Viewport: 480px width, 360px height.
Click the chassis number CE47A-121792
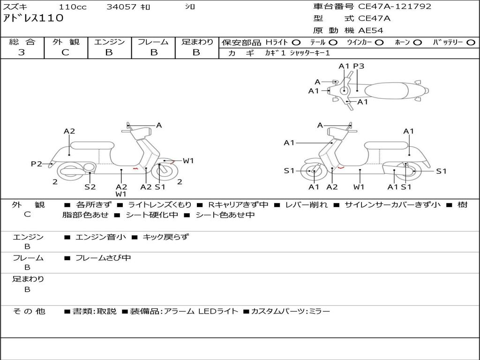click(x=395, y=7)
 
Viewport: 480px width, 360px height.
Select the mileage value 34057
click(x=121, y=7)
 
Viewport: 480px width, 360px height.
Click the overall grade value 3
click(x=22, y=52)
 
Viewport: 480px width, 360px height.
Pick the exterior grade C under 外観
click(x=65, y=52)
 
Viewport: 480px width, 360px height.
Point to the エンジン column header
click(x=109, y=42)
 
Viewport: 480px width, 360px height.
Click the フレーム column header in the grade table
click(x=153, y=42)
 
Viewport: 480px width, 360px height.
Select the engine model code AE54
click(x=371, y=30)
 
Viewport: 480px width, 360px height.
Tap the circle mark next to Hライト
click(x=297, y=42)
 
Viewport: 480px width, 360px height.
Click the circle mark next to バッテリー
click(x=471, y=42)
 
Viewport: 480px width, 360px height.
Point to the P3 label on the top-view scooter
click(x=359, y=66)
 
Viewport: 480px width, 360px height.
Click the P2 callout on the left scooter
click(x=37, y=164)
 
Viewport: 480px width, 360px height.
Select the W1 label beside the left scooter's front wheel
click(x=188, y=161)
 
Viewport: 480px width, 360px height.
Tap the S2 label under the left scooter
click(x=90, y=187)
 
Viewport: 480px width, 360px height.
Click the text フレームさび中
click(x=103, y=258)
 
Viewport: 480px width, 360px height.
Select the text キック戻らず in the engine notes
click(x=165, y=237)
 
